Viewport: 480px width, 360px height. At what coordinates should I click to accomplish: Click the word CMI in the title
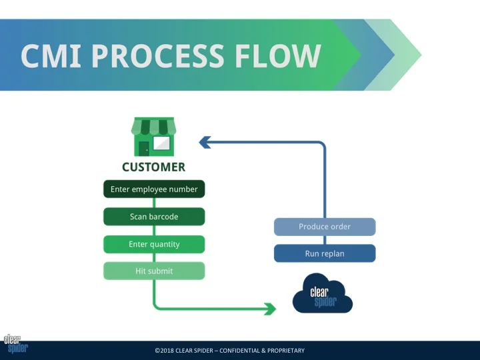tap(51, 55)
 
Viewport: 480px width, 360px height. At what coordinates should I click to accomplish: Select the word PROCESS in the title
tap(158, 55)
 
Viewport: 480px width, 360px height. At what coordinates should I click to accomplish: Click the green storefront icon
tap(154, 137)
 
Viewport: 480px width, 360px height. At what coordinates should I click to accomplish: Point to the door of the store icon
tap(144, 149)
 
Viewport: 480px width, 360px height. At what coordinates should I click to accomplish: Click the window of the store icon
tap(161, 143)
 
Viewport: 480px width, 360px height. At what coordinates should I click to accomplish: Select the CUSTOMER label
tap(154, 167)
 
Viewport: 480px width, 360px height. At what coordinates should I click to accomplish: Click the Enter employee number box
tap(154, 189)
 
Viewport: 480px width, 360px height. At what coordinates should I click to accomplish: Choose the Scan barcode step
tap(154, 217)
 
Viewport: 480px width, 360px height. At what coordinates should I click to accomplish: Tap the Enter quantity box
tap(154, 244)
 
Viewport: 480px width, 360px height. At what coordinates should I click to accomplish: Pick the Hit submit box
tap(154, 271)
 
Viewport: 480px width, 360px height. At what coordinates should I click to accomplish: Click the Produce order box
tap(325, 227)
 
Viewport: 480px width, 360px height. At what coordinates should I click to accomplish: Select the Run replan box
tap(325, 253)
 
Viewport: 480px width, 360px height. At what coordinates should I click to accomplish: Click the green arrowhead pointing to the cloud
tap(270, 309)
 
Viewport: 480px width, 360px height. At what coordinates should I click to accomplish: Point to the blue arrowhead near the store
tap(205, 143)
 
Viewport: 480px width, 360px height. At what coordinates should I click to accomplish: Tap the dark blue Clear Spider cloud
tap(323, 294)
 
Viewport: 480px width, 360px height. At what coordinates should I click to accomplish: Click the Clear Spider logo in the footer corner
tap(15, 344)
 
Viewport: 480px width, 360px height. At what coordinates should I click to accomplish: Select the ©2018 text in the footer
tap(164, 351)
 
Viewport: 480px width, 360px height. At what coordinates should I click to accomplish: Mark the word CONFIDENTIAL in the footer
tap(239, 351)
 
